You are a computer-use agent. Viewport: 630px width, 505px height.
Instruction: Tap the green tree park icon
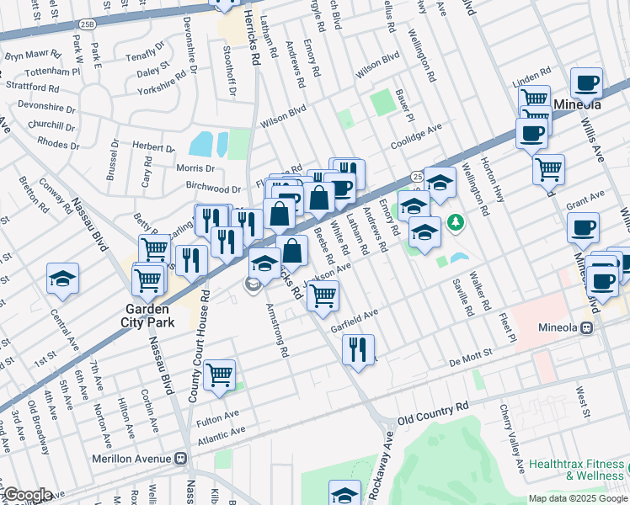(456, 222)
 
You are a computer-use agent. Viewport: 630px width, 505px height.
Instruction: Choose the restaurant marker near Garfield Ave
(358, 348)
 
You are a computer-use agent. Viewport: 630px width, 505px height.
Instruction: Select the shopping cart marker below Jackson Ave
(323, 296)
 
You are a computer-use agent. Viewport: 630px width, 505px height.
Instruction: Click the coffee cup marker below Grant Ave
(583, 227)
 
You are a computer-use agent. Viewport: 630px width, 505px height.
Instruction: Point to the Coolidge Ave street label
(416, 136)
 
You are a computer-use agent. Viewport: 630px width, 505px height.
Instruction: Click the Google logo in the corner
(27, 494)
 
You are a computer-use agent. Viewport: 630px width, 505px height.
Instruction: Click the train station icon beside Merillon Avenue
(180, 460)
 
